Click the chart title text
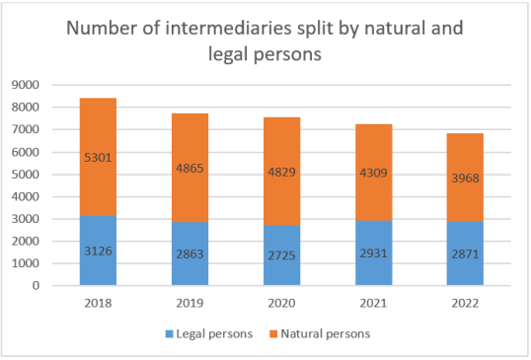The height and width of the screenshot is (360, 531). tap(264, 41)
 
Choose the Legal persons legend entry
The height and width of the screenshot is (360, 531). tap(208, 333)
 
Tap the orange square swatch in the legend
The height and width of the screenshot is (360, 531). tap(274, 333)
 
